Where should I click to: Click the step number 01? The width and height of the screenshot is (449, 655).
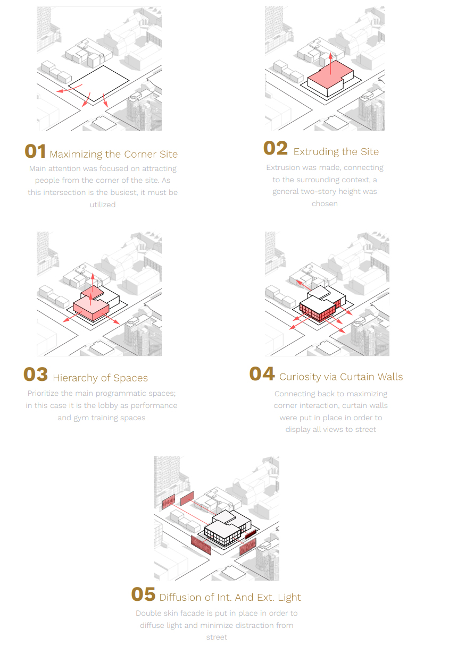[x=35, y=151]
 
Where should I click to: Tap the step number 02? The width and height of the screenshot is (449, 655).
[x=276, y=148]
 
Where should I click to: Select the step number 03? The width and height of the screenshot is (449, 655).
[x=36, y=375]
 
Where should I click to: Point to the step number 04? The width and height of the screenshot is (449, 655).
[x=262, y=373]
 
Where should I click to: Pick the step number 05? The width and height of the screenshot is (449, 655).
[x=143, y=594]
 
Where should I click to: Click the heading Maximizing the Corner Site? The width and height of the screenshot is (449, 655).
[x=114, y=154]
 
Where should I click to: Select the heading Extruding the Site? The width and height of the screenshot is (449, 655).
[x=336, y=151]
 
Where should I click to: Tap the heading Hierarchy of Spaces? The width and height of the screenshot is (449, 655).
[x=100, y=378]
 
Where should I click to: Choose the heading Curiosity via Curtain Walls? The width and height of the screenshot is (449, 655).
[x=341, y=377]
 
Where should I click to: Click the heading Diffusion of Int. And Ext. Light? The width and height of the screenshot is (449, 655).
[x=230, y=597]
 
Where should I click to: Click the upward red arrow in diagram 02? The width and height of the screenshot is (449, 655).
[x=330, y=64]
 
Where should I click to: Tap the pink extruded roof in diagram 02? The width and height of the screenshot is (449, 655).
[x=330, y=73]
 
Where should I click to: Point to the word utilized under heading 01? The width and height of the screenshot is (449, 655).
[x=103, y=205]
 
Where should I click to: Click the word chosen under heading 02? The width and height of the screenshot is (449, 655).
[x=325, y=203]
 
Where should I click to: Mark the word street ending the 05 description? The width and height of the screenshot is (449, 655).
[x=217, y=637]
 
